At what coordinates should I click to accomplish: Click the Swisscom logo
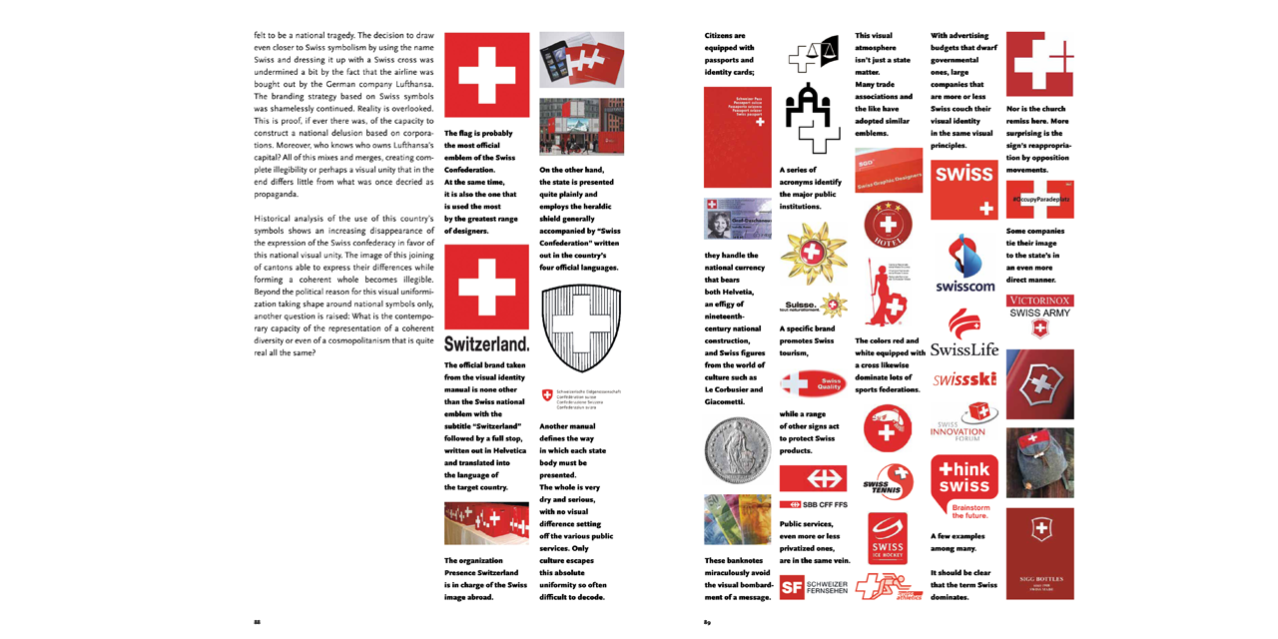pyautogui.click(x=963, y=264)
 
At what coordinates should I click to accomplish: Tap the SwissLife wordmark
pyautogui.click(x=963, y=339)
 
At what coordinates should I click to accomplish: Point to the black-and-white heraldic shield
pyautogui.click(x=580, y=330)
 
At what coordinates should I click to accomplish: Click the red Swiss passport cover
pyautogui.click(x=737, y=138)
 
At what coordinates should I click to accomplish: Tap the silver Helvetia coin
pyautogui.click(x=737, y=449)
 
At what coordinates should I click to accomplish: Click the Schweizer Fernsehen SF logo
pyautogui.click(x=813, y=588)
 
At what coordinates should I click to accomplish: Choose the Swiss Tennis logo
pyautogui.click(x=888, y=482)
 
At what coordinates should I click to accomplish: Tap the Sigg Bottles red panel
pyautogui.click(x=1039, y=553)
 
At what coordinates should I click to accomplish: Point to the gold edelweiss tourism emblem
pyautogui.click(x=813, y=254)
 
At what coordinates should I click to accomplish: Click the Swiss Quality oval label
pyautogui.click(x=813, y=384)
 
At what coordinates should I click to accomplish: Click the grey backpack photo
pyautogui.click(x=1039, y=462)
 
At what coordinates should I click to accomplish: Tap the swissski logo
pyautogui.click(x=963, y=379)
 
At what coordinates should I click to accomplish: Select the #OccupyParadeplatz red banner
pyautogui.click(x=1039, y=200)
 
